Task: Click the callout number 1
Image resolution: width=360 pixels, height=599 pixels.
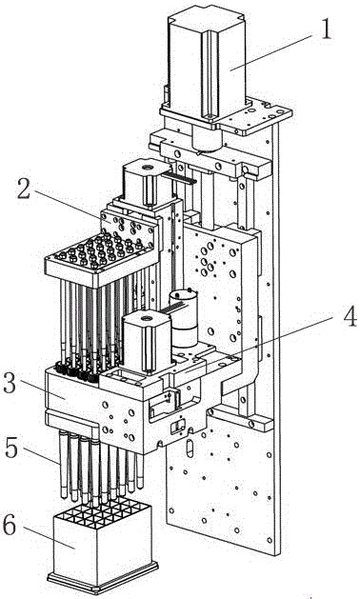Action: [325, 29]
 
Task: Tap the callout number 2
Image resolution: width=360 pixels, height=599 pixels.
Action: [23, 189]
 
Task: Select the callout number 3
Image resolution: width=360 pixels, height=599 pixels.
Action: [10, 383]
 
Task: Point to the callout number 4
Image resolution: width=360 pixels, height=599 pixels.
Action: [350, 316]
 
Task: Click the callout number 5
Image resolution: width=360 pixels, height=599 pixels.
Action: [11, 448]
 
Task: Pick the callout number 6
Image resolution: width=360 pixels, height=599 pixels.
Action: [10, 526]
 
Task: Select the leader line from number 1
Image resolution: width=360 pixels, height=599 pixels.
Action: [272, 51]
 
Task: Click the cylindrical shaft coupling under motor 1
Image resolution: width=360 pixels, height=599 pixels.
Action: [207, 137]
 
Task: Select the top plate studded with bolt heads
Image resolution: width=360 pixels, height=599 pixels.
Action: [102, 255]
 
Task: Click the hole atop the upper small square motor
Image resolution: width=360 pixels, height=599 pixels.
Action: [147, 168]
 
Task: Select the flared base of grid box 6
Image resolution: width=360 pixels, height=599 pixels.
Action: [103, 579]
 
